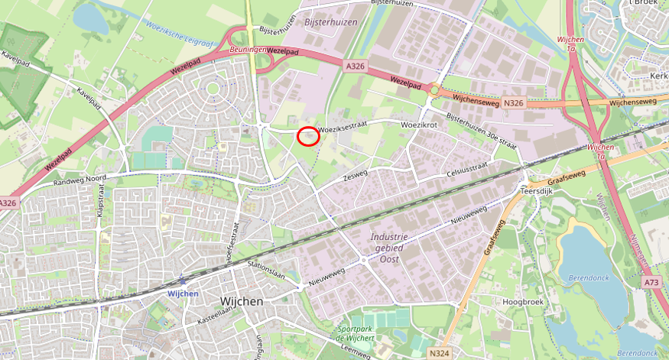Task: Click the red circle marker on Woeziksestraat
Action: pos(308,136)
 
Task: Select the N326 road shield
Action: pos(514,102)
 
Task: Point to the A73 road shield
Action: pos(651,282)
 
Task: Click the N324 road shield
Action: pos(439,352)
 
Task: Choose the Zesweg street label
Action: pos(355,176)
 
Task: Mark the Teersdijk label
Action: pos(534,192)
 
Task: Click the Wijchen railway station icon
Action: pos(182,281)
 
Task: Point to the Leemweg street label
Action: pos(356,352)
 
